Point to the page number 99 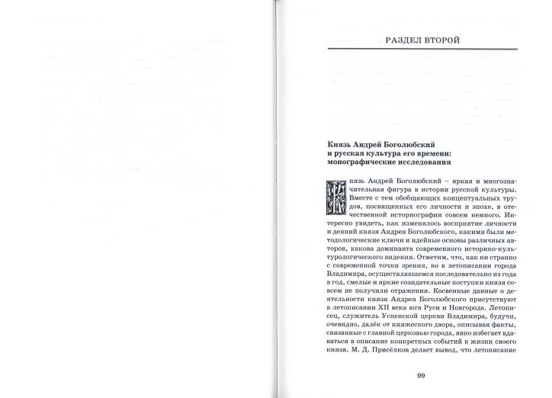[x=422, y=374]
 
